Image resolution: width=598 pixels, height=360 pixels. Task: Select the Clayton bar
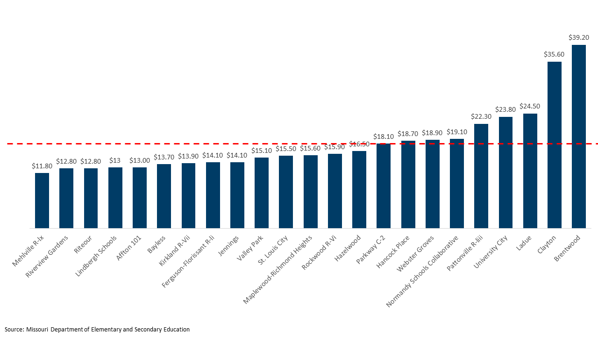point(554,145)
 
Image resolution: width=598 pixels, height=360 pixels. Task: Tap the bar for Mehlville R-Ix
point(42,201)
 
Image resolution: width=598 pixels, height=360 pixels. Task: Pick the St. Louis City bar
point(286,192)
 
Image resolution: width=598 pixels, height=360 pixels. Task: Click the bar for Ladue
point(530,171)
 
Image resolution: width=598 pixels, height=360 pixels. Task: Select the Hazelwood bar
point(359,189)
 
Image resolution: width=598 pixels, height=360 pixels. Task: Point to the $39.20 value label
point(578,37)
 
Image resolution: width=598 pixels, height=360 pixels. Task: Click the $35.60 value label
point(554,54)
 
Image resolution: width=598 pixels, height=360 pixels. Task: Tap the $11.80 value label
point(42,166)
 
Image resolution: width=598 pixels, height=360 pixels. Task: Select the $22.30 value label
point(481,116)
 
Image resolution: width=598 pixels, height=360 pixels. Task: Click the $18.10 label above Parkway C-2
point(384,137)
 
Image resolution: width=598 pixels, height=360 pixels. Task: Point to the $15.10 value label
point(262,151)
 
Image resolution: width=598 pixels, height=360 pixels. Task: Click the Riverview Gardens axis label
point(47,256)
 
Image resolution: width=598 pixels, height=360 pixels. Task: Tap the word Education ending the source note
point(177,329)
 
